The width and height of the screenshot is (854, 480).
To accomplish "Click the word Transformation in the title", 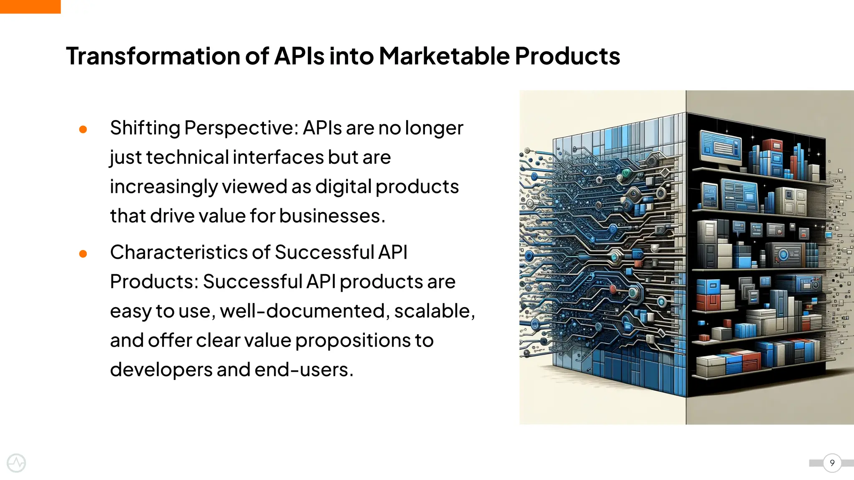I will pos(153,56).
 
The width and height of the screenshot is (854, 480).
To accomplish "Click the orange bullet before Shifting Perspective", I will pos(83,130).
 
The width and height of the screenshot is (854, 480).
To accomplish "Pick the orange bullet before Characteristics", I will pos(83,254).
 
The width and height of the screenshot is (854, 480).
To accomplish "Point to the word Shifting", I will pos(145,128).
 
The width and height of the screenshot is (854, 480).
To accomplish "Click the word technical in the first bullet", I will pos(187,157).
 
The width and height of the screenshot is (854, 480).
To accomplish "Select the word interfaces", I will pos(278,157).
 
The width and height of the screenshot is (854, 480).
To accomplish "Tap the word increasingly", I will pos(163,187).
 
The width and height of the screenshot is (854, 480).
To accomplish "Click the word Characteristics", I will pos(178,252).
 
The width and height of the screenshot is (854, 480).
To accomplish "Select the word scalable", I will pos(434,311).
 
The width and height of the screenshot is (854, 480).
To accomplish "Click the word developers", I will pos(161,370).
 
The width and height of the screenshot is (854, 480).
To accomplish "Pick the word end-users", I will pos(304,370).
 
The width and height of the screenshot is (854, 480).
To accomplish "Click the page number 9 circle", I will pos(832,463).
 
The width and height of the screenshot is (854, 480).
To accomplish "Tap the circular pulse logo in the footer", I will pos(16,463).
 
